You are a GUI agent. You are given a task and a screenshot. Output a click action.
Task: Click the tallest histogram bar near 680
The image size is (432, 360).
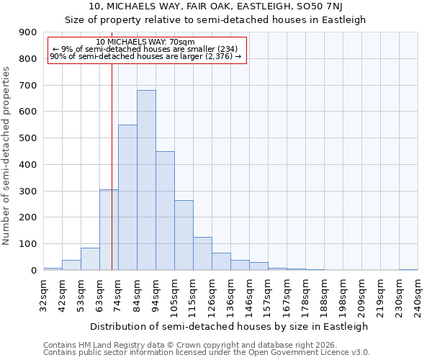(x=146, y=180)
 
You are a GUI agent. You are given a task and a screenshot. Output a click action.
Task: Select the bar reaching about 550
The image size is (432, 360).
(x=127, y=197)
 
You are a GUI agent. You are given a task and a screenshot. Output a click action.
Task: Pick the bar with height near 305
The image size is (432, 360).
(x=109, y=230)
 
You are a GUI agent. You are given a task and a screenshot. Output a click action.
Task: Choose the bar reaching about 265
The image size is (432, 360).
(x=184, y=235)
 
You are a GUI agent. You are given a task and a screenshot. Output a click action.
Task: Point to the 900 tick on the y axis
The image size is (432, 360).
(x=27, y=32)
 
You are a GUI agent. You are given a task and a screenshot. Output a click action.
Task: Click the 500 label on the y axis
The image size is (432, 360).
(x=27, y=138)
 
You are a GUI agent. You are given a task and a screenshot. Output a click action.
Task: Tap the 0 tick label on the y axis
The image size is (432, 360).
(x=34, y=270)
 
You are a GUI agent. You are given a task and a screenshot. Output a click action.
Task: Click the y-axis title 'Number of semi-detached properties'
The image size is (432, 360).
(x=7, y=156)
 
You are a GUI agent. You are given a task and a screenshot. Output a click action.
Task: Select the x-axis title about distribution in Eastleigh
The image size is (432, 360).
(x=230, y=326)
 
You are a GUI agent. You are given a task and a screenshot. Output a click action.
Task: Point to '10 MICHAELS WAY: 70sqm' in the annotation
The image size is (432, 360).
(x=145, y=42)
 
